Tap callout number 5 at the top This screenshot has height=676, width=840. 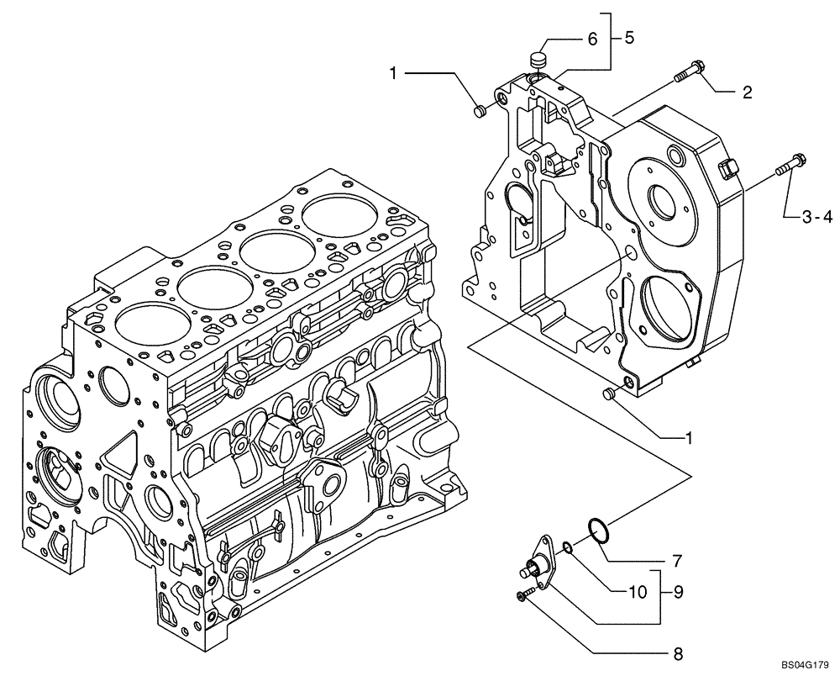tap(629, 38)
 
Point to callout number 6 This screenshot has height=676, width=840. tap(592, 38)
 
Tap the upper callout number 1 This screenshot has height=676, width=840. tap(392, 75)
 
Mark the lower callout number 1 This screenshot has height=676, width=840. tap(689, 437)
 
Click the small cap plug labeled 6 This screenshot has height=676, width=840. tap(538, 61)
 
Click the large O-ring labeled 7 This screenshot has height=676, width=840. tap(597, 531)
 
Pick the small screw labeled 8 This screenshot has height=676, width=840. tap(522, 596)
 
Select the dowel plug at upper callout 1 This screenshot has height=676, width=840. tap(480, 111)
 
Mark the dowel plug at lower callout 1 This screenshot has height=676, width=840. tap(611, 393)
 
